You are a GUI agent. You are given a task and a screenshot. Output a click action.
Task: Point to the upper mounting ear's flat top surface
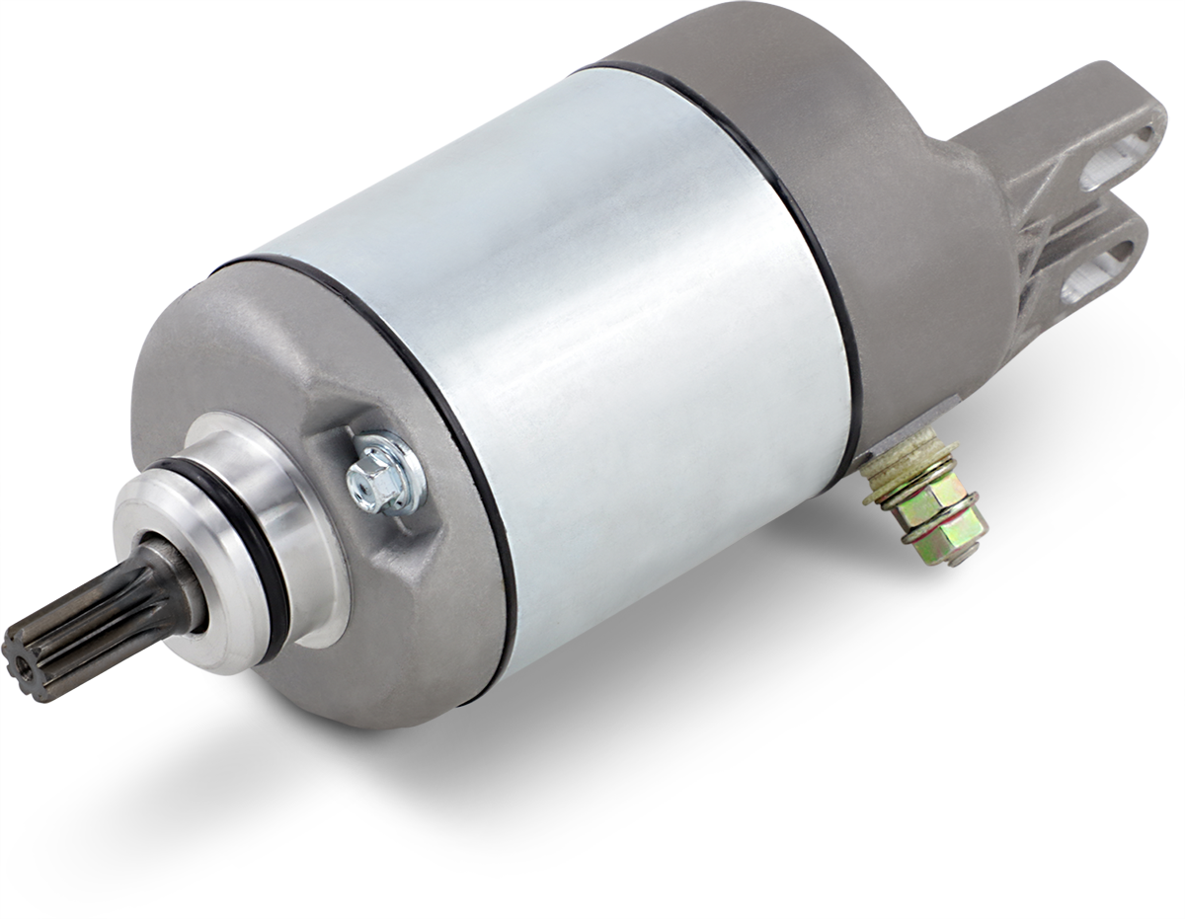coord(1066,99)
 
